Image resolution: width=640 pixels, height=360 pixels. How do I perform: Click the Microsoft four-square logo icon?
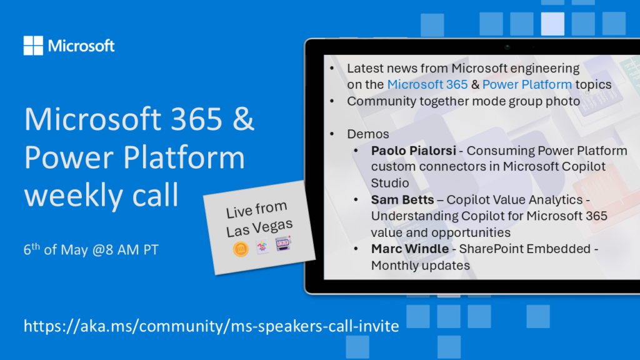[x=33, y=45]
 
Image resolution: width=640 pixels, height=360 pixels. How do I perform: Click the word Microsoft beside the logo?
[x=81, y=46]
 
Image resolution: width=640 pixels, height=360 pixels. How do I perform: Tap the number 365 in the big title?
[x=197, y=119]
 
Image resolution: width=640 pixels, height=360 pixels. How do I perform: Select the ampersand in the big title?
[x=244, y=119]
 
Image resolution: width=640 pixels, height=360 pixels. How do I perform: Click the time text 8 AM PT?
[x=132, y=250]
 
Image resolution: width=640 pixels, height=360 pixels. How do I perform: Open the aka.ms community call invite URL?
[x=211, y=326]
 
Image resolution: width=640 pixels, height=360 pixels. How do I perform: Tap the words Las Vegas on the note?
[x=259, y=227]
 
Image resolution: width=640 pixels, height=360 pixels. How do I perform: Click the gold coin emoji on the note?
[x=241, y=249]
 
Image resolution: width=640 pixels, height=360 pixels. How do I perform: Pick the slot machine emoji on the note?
[x=283, y=243]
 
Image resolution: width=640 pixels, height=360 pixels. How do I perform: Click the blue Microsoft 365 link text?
[x=427, y=84]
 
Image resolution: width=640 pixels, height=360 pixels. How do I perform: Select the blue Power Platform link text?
[x=527, y=84]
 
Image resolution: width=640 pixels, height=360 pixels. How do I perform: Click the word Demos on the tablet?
[x=367, y=134]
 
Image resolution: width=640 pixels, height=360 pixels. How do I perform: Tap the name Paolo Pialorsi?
[x=414, y=151]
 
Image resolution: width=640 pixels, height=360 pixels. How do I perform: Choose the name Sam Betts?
[x=402, y=199]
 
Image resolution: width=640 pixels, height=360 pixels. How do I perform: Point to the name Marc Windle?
[x=410, y=249]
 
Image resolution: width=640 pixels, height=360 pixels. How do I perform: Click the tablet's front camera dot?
[x=507, y=47]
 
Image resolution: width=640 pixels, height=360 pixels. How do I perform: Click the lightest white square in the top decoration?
[x=552, y=24]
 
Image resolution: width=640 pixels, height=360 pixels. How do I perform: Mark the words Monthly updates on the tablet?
[x=421, y=266]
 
